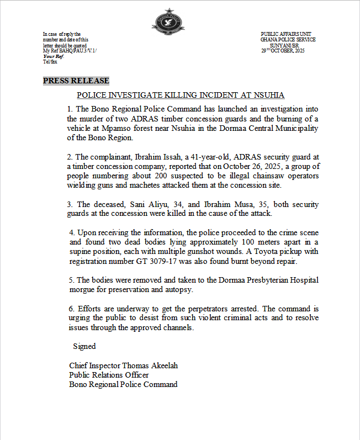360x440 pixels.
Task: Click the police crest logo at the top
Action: (168, 20)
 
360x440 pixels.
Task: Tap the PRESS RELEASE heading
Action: (76, 81)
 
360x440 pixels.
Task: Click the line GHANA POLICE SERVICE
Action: (288, 40)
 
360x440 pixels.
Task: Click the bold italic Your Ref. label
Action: (54, 56)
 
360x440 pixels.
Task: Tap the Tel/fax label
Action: (50, 62)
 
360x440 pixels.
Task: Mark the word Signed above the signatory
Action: (84, 346)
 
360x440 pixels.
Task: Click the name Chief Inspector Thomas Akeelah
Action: (124, 365)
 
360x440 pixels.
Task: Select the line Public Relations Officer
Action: (109, 375)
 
